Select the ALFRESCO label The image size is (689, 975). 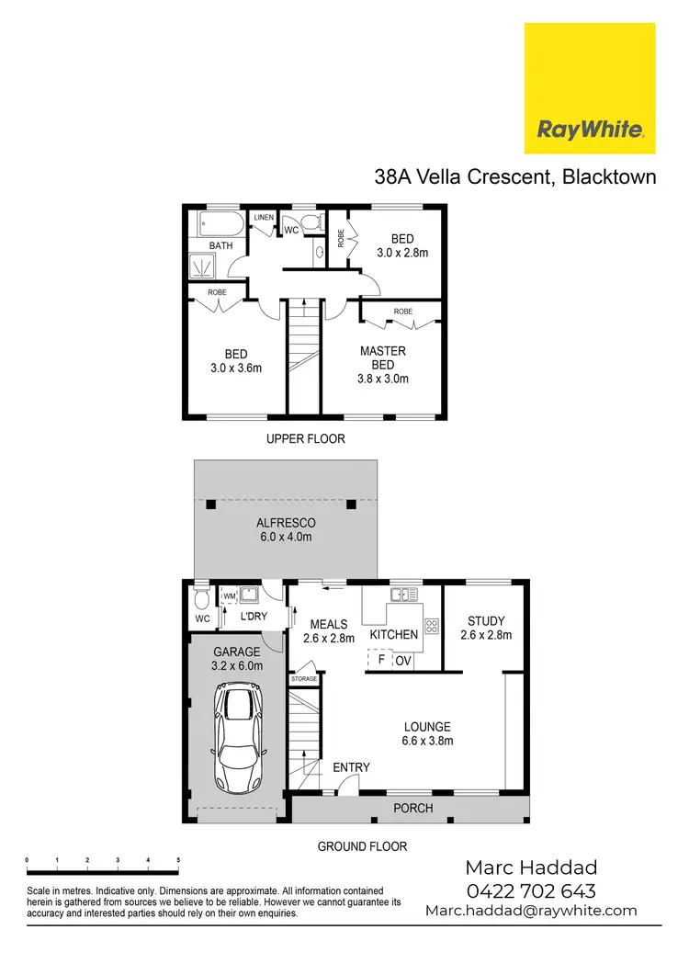(286, 523)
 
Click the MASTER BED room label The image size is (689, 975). (383, 357)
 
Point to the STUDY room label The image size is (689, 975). (485, 621)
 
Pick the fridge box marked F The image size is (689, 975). (380, 660)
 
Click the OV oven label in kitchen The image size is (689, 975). (403, 661)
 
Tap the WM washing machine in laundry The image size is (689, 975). (229, 597)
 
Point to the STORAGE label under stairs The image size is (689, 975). (304, 679)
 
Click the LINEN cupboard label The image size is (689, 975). (265, 217)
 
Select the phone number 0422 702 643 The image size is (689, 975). (531, 890)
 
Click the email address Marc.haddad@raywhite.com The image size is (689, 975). (531, 911)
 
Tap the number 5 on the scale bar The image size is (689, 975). (178, 859)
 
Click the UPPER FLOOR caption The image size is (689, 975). (306, 439)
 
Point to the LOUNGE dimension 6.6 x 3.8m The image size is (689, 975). (427, 741)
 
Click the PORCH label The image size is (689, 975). (412, 809)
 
